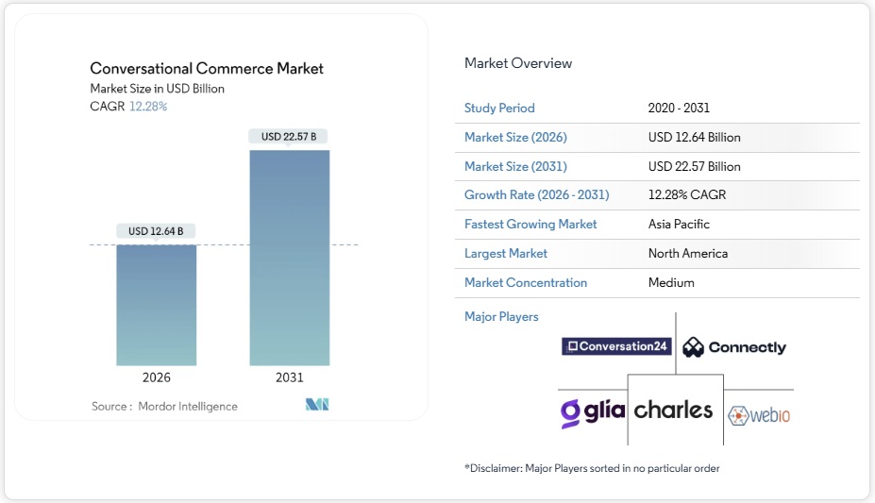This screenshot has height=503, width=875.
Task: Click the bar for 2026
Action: [x=157, y=305]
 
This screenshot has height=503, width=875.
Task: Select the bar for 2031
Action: [x=290, y=257]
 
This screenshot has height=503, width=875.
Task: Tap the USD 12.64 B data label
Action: [x=157, y=231]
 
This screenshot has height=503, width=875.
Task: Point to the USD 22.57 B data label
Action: [x=290, y=137]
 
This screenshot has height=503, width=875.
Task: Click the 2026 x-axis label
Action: [x=157, y=377]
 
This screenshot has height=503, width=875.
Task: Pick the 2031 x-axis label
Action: [x=290, y=377]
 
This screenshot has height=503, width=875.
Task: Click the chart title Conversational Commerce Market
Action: [x=207, y=68]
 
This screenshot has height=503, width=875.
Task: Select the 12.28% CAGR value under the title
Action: [x=148, y=107]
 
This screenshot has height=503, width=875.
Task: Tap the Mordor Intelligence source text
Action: [x=188, y=406]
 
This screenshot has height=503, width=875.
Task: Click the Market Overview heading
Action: [x=518, y=63]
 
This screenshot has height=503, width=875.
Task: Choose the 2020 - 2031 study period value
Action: [x=680, y=108]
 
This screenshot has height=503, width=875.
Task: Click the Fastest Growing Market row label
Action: [x=530, y=225]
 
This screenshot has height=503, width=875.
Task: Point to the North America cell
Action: [x=687, y=253]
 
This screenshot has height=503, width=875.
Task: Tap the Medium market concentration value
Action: [x=671, y=282]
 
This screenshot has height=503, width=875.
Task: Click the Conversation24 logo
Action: [x=616, y=346]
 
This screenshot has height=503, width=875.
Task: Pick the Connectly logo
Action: [x=734, y=347]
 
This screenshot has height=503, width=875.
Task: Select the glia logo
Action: [x=592, y=411]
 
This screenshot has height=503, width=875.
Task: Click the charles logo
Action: [x=674, y=410]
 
